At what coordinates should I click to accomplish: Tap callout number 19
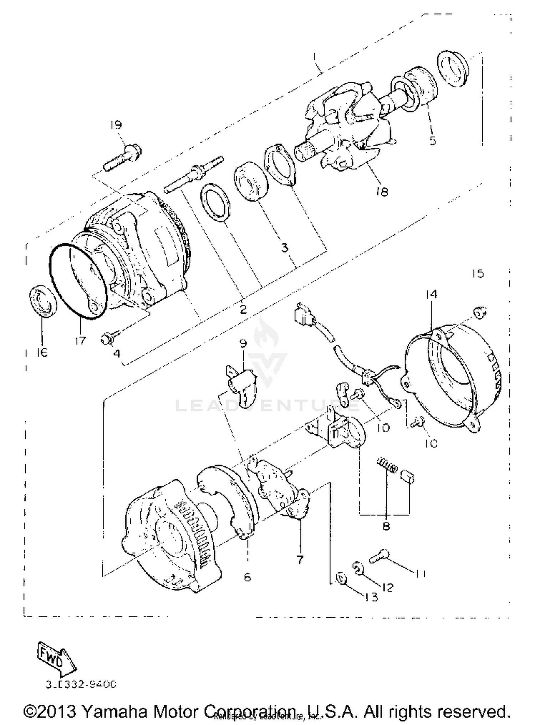[116, 125]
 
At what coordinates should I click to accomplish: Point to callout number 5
[433, 141]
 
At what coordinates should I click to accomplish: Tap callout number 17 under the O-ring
[81, 341]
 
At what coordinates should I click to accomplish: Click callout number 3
[284, 247]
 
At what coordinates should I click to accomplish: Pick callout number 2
[243, 309]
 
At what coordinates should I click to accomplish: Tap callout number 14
[431, 294]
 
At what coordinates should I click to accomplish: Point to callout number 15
[478, 274]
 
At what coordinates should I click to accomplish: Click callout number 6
[247, 577]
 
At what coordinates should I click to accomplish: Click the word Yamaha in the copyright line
[114, 711]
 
